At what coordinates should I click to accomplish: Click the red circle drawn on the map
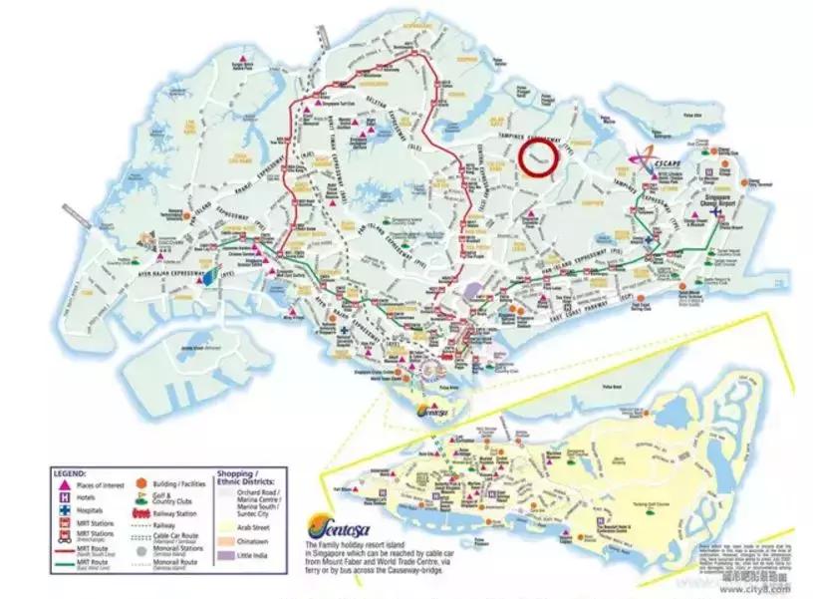tap(540, 159)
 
